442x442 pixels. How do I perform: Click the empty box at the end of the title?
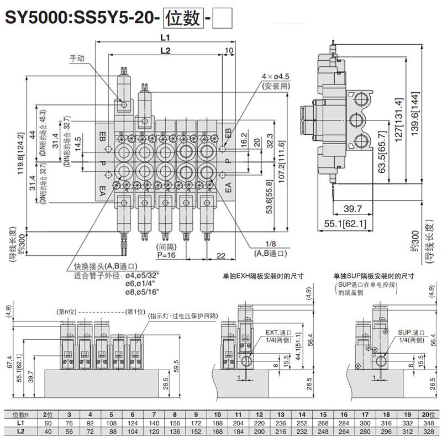(x=224, y=18)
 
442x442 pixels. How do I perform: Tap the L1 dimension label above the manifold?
(x=164, y=38)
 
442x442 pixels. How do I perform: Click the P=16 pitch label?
(x=166, y=255)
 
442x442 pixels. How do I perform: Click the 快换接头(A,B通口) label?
(x=102, y=266)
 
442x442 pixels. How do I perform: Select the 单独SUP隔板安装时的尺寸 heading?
(x=373, y=276)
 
